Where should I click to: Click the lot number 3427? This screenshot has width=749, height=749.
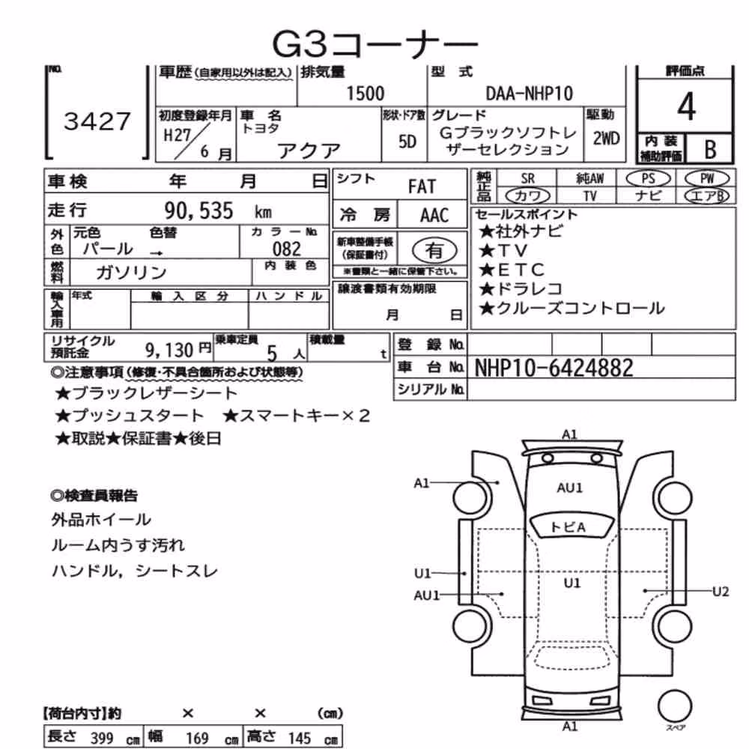pos(97,121)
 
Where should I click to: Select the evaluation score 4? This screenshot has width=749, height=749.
pos(686,106)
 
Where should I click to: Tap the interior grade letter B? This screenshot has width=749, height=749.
pos(710,150)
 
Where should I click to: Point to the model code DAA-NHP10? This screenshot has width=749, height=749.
pos(530,94)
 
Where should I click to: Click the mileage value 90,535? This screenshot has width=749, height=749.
pos(198,210)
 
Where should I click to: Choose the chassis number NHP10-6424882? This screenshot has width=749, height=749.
pos(554,368)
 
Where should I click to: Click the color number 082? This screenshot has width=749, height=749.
pos(287,249)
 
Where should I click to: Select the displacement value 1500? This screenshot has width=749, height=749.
pos(365,94)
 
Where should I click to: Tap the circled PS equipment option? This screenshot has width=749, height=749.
pos(648,179)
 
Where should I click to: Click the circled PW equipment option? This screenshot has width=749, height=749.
pos(707,179)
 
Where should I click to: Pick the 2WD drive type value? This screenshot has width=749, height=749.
pos(606,139)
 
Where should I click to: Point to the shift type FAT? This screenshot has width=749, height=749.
pos(422,187)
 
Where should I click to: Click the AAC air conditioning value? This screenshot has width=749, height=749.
pos(434,216)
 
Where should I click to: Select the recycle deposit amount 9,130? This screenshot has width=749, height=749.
pos(169,351)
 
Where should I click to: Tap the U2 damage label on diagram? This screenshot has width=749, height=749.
pos(721,592)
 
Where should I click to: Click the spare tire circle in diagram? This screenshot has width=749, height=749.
pos(675,706)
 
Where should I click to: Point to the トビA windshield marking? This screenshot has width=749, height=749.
pos(568,527)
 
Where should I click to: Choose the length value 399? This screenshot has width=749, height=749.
pos(102,738)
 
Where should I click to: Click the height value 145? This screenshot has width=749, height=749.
pos(300,738)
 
